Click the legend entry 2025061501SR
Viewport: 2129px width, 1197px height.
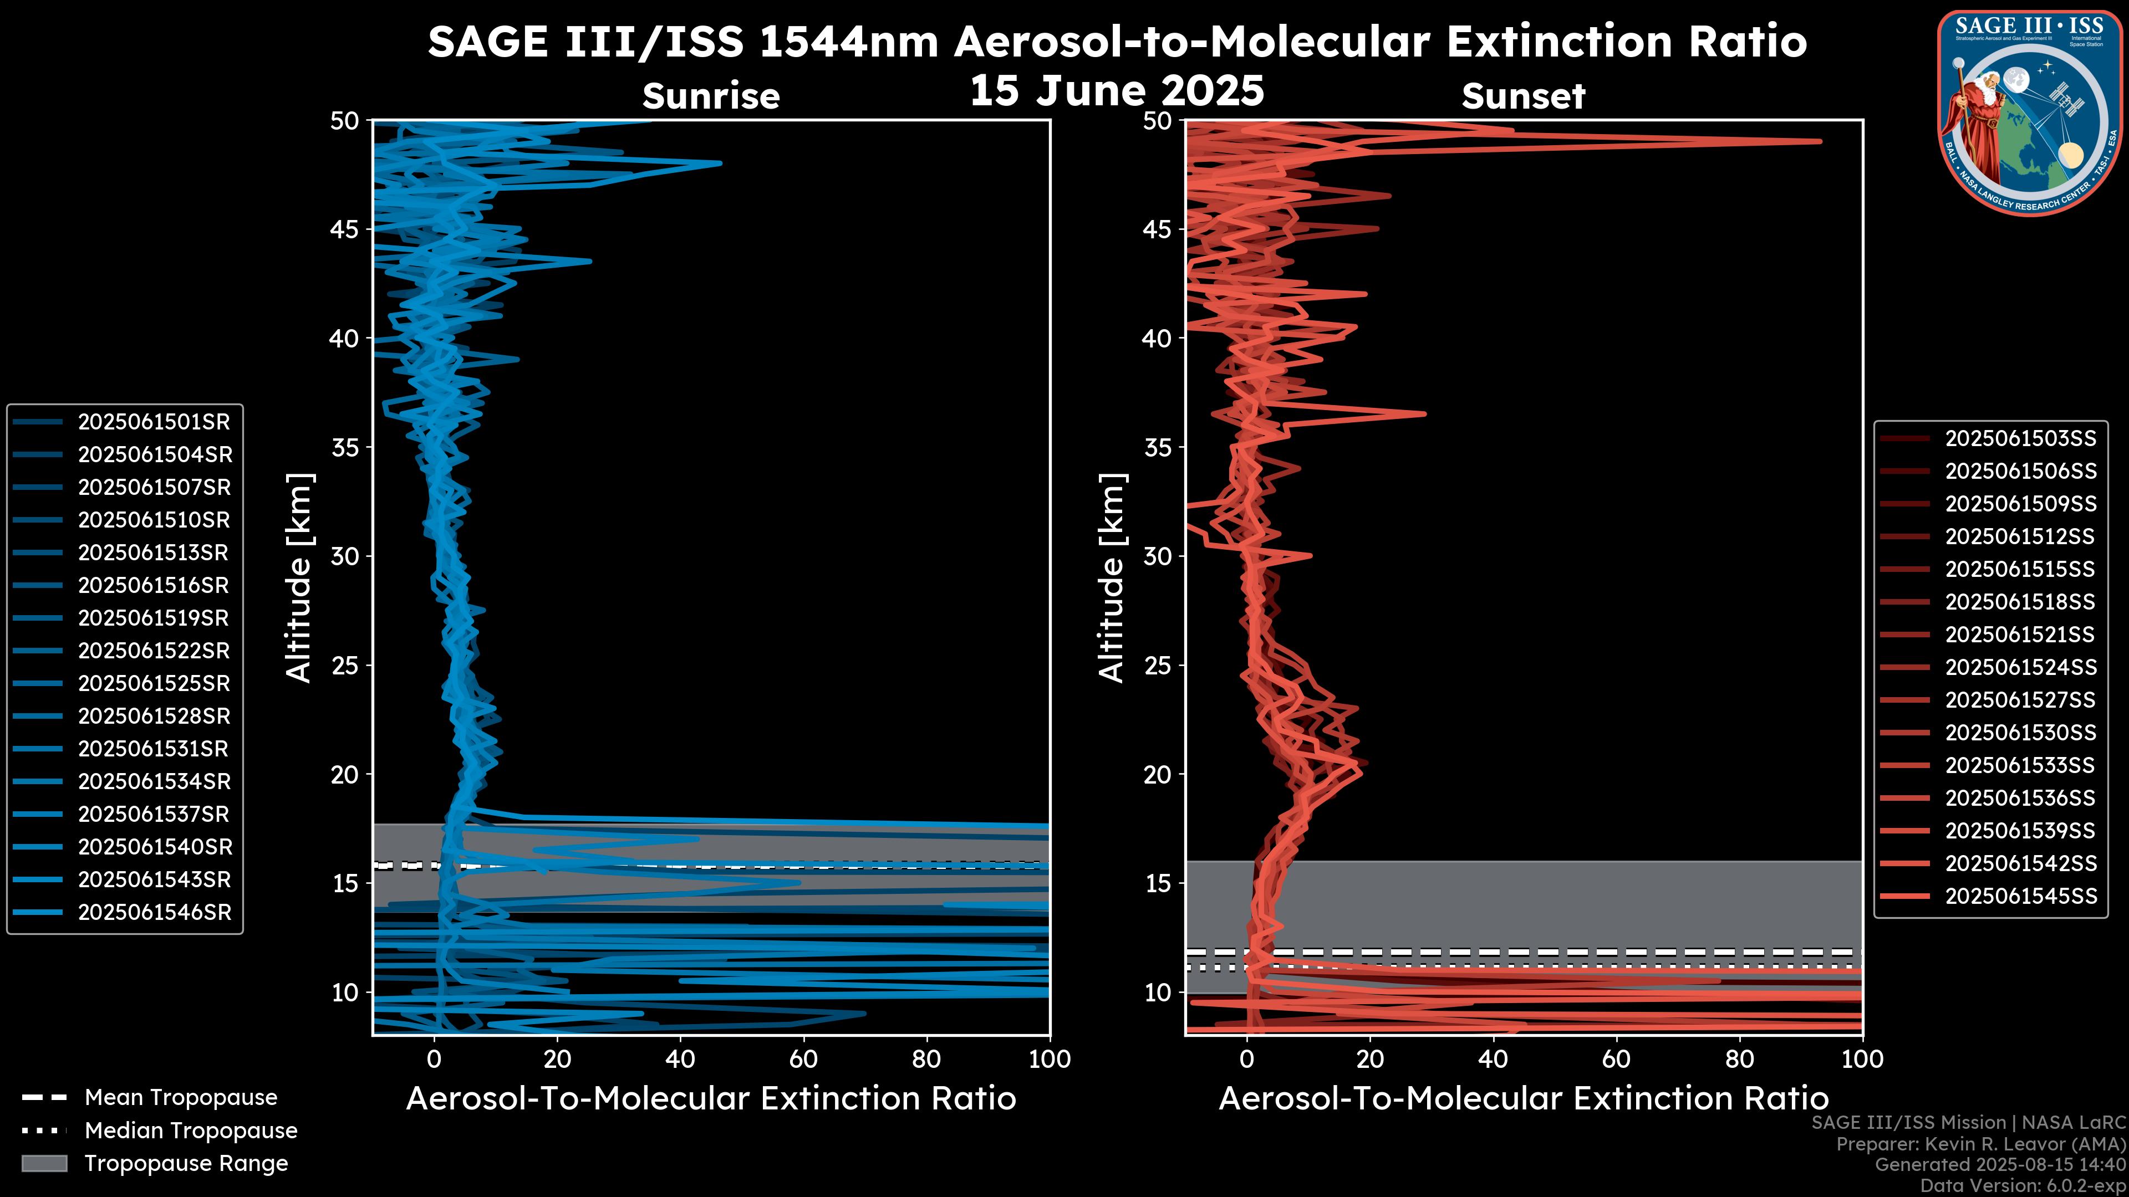154,422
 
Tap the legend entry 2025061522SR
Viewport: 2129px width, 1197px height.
154,651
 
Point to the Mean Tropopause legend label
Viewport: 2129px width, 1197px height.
181,1098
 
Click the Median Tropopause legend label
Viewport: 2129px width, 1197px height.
191,1131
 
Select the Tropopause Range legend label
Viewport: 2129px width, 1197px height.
186,1164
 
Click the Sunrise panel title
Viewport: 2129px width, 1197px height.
711,96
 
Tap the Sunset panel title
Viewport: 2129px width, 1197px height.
1523,96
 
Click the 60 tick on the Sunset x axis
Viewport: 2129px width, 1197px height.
1616,1059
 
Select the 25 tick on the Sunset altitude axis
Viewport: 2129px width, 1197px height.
1157,666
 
